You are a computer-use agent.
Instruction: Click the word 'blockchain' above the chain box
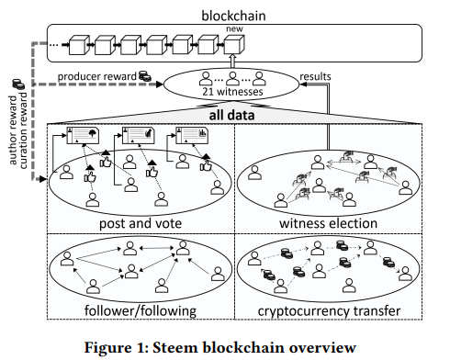tap(233, 16)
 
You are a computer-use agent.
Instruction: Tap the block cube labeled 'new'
tap(234, 45)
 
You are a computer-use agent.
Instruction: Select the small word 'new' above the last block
tap(234, 29)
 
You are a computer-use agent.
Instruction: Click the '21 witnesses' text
tap(232, 92)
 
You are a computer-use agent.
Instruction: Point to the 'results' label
tap(315, 76)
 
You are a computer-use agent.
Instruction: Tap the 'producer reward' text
tap(97, 76)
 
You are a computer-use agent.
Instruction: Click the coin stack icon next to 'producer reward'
tap(145, 76)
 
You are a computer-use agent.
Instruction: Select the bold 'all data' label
tap(231, 116)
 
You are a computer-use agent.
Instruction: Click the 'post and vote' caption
tap(141, 223)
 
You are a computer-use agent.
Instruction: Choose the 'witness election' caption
tap(328, 223)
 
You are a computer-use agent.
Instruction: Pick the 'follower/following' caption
tap(141, 310)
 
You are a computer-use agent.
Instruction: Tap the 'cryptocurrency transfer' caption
tap(329, 311)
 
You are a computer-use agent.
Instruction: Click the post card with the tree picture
tap(84, 135)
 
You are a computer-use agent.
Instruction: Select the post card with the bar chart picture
tap(192, 135)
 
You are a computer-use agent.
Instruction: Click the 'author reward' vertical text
tap(13, 130)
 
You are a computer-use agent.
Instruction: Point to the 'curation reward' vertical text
tap(23, 130)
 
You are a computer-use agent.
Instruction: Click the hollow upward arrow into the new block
tap(232, 62)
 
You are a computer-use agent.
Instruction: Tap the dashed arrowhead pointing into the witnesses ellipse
tap(160, 84)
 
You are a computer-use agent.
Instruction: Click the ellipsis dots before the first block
tap(54, 45)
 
